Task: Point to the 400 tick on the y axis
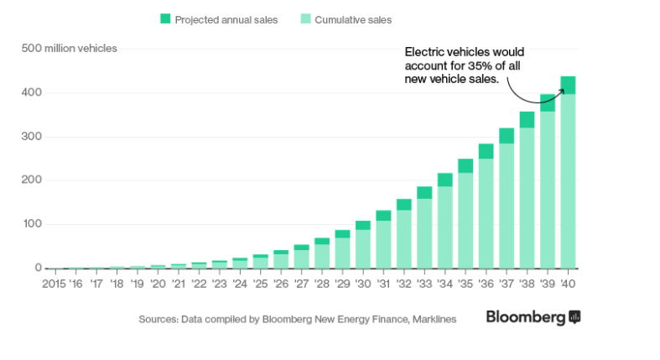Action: click(x=32, y=92)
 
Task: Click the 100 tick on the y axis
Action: click(x=32, y=224)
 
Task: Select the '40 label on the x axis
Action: click(x=568, y=284)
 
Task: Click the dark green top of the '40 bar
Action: click(x=568, y=85)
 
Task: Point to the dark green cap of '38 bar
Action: click(x=527, y=120)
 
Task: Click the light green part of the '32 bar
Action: click(x=403, y=238)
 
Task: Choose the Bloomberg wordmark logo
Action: click(x=526, y=317)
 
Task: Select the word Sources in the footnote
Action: click(x=158, y=319)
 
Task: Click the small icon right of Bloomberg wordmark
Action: click(x=574, y=317)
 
